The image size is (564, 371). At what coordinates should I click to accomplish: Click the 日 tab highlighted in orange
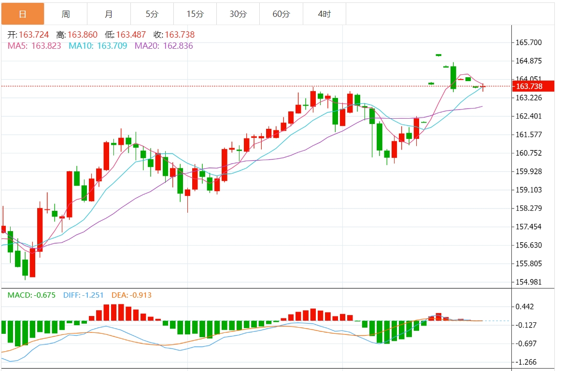click(23, 14)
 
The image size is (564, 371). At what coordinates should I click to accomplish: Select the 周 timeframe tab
click(66, 14)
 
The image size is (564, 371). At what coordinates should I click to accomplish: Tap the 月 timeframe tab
click(109, 14)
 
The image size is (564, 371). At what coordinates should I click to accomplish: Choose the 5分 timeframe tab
click(152, 14)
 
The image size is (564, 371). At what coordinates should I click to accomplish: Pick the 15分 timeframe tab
click(195, 14)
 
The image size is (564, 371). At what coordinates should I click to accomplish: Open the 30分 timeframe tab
click(238, 14)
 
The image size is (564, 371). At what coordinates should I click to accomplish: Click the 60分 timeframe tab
click(281, 14)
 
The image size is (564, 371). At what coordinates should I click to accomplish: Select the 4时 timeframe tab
click(324, 14)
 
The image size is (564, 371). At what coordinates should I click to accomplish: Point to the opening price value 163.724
click(33, 35)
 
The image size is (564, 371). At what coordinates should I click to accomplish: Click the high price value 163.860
click(82, 35)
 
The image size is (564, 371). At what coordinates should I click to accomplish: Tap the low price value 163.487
click(131, 35)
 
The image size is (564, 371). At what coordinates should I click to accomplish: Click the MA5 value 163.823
click(46, 46)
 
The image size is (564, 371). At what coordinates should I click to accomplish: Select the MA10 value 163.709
click(112, 46)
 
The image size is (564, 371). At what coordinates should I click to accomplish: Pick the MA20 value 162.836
click(178, 46)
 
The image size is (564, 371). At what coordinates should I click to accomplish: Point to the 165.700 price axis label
click(529, 42)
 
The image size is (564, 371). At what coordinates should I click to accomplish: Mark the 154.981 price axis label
click(529, 282)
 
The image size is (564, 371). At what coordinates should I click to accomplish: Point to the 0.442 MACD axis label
click(525, 307)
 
